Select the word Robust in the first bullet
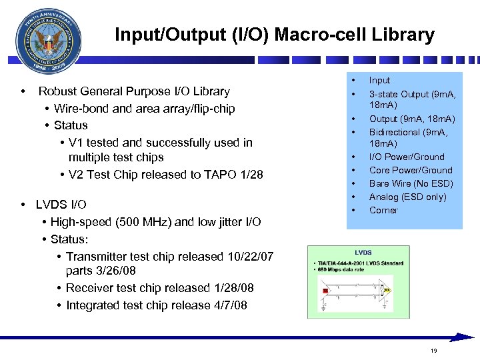pos(59,91)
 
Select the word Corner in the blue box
pos(383,210)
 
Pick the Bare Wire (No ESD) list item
pos(411,183)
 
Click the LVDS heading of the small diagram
pos(363,253)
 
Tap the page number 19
pos(433,351)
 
